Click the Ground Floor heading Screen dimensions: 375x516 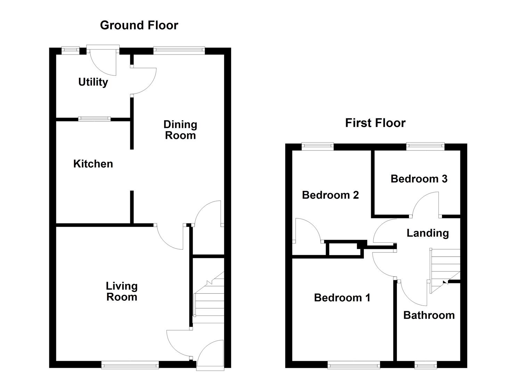(139, 25)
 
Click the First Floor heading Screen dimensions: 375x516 (375, 123)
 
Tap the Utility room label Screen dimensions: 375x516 (93, 82)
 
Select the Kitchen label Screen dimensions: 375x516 (93, 164)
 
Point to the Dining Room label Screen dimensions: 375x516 (180, 130)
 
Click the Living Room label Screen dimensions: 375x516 (122, 291)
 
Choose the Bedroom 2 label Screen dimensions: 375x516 (330, 195)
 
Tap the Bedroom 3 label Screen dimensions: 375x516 (419, 179)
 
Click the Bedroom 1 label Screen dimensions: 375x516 (342, 298)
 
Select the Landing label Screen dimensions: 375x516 (427, 233)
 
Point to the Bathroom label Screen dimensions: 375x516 (429, 315)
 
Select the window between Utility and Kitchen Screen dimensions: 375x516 (94, 119)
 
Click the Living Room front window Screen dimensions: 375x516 (130, 365)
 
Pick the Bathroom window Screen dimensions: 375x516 (425, 365)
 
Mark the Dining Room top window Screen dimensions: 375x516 (179, 51)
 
